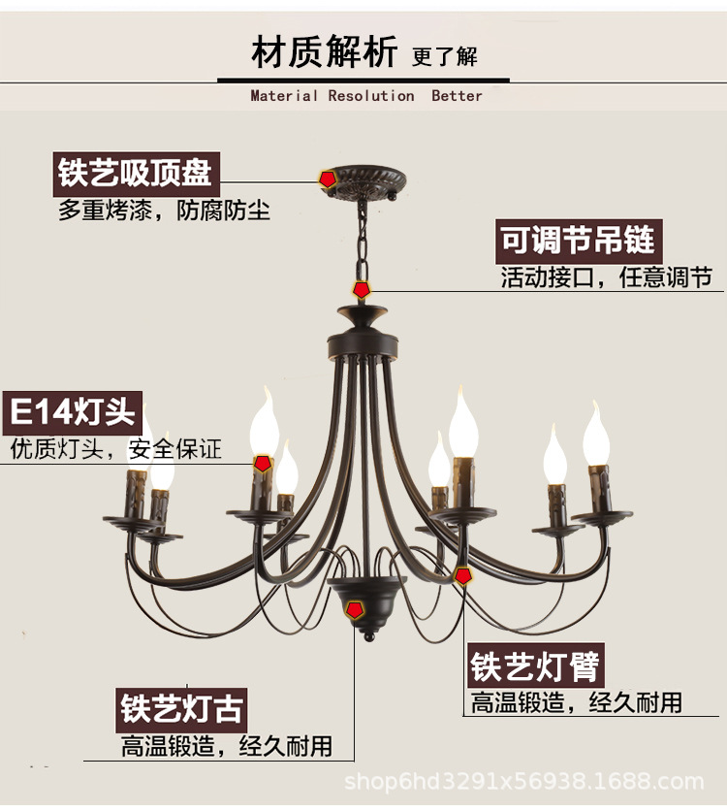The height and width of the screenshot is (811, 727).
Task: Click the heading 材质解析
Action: click(x=324, y=51)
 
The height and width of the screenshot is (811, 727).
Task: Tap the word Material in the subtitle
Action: click(x=284, y=96)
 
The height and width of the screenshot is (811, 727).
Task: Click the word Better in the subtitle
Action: click(x=457, y=96)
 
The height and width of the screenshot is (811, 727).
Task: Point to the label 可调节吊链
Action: click(x=578, y=240)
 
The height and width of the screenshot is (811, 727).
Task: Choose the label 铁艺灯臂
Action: click(x=535, y=666)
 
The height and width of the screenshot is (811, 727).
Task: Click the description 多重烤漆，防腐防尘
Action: click(x=164, y=211)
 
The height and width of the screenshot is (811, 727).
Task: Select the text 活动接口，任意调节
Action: click(x=606, y=278)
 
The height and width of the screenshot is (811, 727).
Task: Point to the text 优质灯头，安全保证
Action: click(x=115, y=449)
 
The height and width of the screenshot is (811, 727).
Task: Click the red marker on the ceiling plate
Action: click(x=328, y=178)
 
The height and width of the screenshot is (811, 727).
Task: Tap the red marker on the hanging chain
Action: click(x=362, y=288)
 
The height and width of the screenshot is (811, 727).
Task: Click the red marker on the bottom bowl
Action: click(x=356, y=609)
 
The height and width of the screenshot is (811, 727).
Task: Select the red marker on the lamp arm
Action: click(x=463, y=575)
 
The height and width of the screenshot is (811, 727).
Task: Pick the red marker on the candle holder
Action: click(x=262, y=464)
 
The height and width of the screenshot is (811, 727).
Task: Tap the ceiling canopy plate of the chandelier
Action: click(x=363, y=180)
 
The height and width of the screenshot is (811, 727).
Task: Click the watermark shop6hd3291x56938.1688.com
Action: click(x=524, y=782)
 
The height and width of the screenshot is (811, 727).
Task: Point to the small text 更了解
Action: click(x=445, y=56)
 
